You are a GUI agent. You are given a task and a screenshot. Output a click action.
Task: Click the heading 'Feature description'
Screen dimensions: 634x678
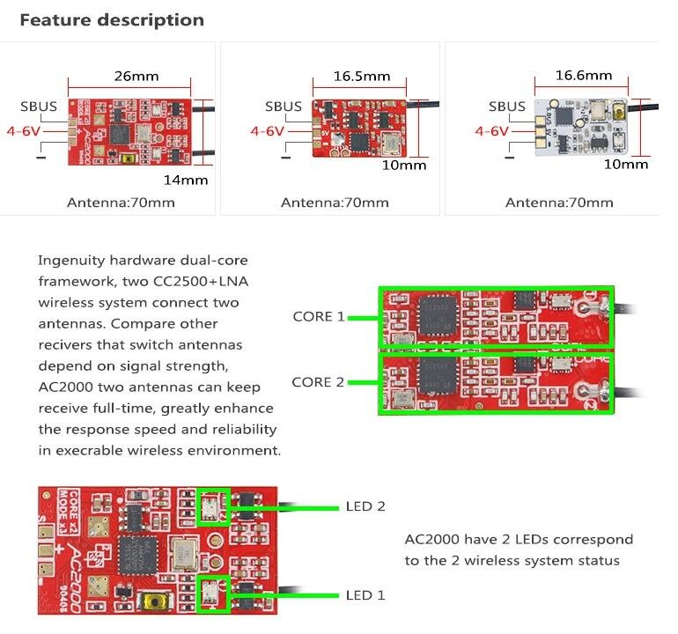(x=112, y=19)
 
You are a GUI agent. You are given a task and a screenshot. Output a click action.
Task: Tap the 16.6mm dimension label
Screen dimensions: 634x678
(x=583, y=76)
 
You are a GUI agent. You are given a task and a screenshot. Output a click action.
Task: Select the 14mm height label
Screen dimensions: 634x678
(x=186, y=180)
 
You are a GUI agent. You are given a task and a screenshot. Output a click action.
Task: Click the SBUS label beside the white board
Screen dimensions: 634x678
(x=507, y=107)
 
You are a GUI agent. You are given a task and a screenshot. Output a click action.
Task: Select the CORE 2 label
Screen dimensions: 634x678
(x=318, y=382)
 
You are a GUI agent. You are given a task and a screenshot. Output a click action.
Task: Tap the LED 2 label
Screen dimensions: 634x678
(x=365, y=506)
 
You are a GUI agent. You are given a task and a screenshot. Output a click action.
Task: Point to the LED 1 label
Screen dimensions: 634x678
(x=365, y=595)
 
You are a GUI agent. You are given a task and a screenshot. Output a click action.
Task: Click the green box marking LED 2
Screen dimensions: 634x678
(x=214, y=507)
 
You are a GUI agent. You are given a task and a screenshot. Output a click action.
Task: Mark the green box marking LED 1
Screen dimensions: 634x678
(x=214, y=594)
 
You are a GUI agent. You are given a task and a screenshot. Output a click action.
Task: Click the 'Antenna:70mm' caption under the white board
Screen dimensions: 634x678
(x=559, y=203)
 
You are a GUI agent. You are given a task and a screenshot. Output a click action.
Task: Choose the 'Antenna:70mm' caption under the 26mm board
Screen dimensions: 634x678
(x=121, y=203)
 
